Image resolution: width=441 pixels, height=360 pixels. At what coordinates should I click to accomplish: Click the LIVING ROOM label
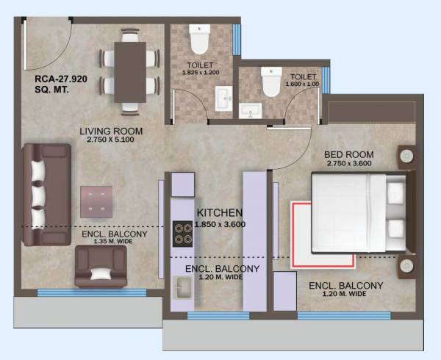coord(111,132)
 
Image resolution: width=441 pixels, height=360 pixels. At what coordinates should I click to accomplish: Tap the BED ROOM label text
coord(350,154)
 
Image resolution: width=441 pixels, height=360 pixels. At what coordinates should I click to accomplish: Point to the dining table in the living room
coord(130,71)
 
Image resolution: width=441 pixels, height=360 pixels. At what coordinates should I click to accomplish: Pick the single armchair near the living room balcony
coord(101,267)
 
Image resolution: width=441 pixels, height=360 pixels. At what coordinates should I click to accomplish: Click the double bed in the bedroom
coord(358,210)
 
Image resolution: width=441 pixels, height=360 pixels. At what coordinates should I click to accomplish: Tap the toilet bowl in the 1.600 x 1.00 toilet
coord(270,83)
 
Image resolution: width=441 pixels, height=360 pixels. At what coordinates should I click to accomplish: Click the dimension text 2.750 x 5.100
coord(111,142)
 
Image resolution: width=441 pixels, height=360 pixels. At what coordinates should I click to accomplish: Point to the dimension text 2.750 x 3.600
coord(350,164)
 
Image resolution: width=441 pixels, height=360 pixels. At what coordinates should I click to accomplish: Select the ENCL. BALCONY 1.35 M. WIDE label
coord(114,239)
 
